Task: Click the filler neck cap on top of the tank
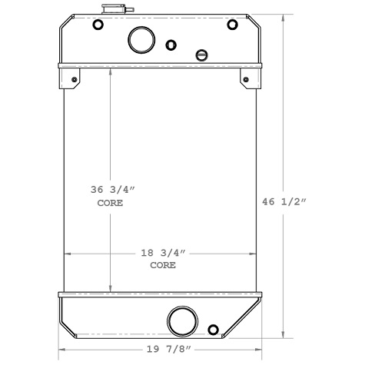[x=111, y=11]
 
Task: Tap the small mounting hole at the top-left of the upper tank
[x=98, y=25]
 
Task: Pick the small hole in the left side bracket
[x=75, y=80]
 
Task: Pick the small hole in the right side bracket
[x=246, y=80]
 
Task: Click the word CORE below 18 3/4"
[x=162, y=265]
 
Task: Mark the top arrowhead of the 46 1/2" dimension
[x=285, y=18]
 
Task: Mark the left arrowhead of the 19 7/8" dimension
[x=62, y=348]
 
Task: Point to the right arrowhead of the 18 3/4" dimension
[x=253, y=252]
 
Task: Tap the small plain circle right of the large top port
[x=171, y=45]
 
